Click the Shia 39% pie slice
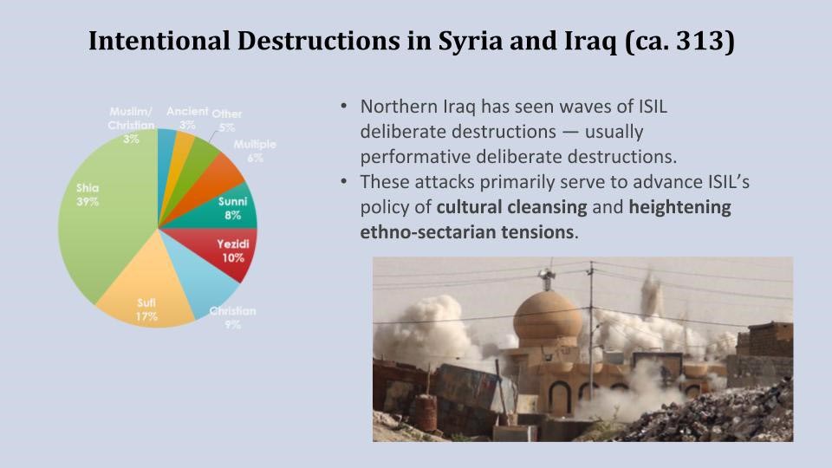(106, 212)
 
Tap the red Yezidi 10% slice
(228, 252)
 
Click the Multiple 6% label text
(255, 151)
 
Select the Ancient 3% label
(187, 118)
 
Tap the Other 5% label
(226, 120)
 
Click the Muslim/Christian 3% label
(131, 125)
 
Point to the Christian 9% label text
(232, 317)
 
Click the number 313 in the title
(699, 41)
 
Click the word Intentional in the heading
(159, 41)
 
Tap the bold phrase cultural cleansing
(511, 206)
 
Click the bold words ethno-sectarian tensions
(467, 232)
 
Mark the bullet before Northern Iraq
(344, 106)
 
